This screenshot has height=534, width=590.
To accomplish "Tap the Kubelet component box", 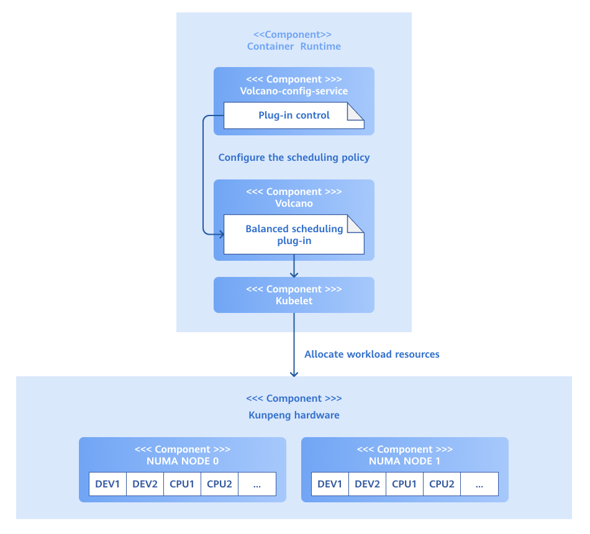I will click(x=294, y=295).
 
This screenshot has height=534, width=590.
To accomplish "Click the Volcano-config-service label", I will click(x=294, y=91).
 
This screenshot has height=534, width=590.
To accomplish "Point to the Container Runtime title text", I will click(x=294, y=46).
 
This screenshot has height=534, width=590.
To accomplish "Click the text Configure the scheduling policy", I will click(x=294, y=158).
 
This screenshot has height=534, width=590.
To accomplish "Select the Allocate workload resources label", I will click(x=371, y=355).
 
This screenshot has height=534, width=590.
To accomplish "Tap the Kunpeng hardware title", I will click(x=294, y=415).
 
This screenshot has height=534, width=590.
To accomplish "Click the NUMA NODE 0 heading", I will click(x=183, y=461).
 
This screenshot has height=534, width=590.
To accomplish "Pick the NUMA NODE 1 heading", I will click(x=405, y=461).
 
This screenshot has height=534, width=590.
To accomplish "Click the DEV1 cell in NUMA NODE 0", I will click(x=107, y=484).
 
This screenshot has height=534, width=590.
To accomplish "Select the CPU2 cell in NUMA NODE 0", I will click(x=219, y=484).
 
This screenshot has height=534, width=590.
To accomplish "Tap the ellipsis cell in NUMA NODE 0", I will click(x=257, y=484).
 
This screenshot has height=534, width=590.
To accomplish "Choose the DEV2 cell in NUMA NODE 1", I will click(x=367, y=484).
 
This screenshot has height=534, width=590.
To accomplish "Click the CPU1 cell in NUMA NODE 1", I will click(x=404, y=484).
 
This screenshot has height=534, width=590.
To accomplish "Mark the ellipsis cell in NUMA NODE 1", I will click(x=479, y=484).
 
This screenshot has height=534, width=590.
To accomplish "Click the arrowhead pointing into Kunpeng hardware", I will click(x=294, y=373).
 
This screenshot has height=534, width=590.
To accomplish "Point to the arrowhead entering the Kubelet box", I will click(x=294, y=274).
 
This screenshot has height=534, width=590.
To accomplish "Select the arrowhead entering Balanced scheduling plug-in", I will click(x=220, y=233).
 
